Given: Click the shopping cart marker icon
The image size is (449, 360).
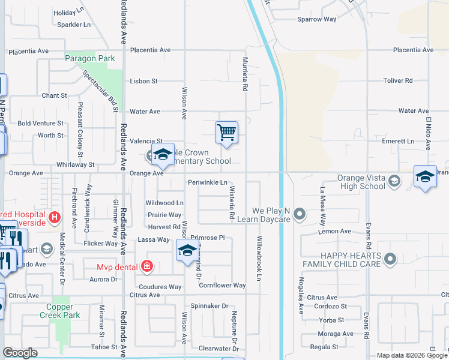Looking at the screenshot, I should coord(226,132).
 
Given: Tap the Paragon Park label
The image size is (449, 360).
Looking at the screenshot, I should coord(90,59).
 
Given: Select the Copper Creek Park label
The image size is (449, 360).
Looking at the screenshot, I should coord(60,310).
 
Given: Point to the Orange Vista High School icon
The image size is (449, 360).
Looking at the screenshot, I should coord(394,181).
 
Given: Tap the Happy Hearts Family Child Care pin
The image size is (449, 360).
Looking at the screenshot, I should coord(391,259).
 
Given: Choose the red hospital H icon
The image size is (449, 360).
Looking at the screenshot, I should coord(55,217).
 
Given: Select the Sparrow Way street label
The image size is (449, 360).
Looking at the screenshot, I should coord(317,19).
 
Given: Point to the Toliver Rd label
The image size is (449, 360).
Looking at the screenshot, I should coord(398,80).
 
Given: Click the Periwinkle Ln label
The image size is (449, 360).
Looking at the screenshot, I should coord(207,182).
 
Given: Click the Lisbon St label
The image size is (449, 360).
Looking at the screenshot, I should coord(144,81).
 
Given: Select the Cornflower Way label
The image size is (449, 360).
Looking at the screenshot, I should coord(222,286).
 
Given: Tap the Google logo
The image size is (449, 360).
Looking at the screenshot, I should coord(20,353).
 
